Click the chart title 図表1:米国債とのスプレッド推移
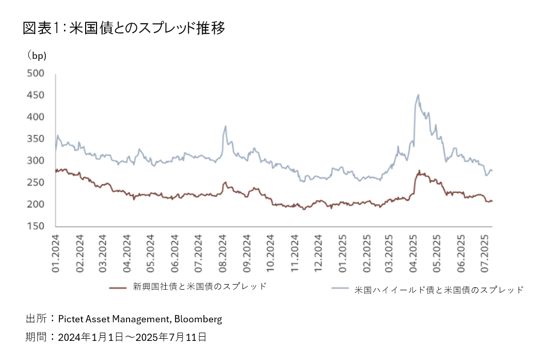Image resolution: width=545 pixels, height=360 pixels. pos(124,28)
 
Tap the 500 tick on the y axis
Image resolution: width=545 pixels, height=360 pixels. pos(36,73)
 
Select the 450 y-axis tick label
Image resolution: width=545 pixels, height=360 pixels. pos(36,95)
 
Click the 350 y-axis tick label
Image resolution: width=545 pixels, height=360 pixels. pos(36,139)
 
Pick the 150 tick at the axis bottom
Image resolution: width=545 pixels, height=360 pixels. pos(36,226)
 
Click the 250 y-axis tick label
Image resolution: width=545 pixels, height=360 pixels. pos(36,183)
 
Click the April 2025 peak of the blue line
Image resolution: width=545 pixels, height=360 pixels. pos(418,95)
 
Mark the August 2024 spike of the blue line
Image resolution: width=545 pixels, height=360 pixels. pos(226,126)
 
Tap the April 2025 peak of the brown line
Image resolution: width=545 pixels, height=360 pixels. pos(419,171)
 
